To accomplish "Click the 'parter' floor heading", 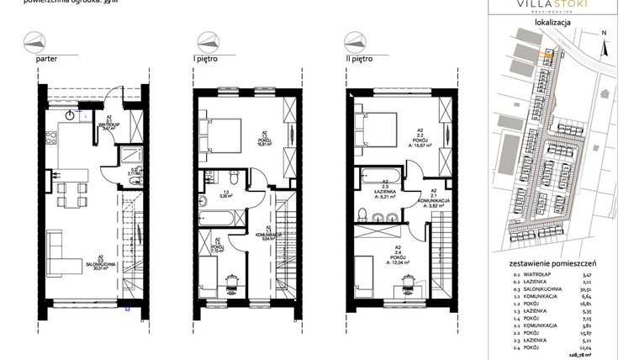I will tap(46, 61).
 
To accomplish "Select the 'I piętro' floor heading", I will tap(204, 61).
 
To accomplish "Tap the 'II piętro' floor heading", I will tap(359, 61).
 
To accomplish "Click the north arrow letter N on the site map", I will tap(605, 32).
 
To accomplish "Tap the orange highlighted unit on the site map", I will tap(545, 56).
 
